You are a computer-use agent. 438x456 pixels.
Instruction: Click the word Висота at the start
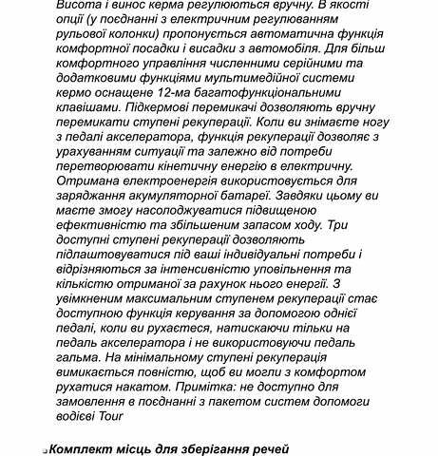click(x=80, y=6)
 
